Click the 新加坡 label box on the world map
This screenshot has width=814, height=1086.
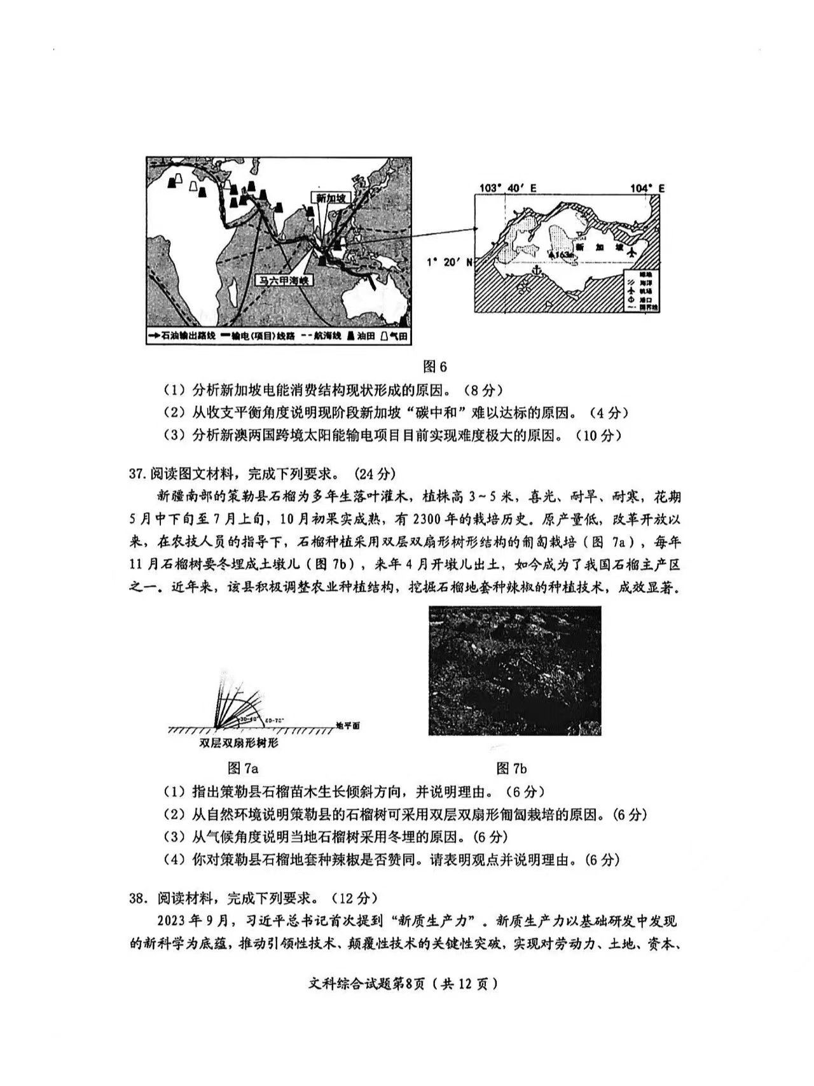[x=330, y=198]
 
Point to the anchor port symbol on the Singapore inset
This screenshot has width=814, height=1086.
[x=538, y=271]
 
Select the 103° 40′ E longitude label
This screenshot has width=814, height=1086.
[x=507, y=188]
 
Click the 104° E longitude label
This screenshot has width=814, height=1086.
[x=647, y=188]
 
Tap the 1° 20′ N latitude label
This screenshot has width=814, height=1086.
[x=449, y=261]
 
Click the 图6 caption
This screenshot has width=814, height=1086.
[x=435, y=367]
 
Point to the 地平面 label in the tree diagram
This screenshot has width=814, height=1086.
[x=348, y=726]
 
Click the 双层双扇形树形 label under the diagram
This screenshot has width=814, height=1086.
[x=238, y=742]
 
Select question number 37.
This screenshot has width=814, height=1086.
[x=138, y=474]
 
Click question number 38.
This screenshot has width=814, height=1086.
[x=138, y=898]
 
